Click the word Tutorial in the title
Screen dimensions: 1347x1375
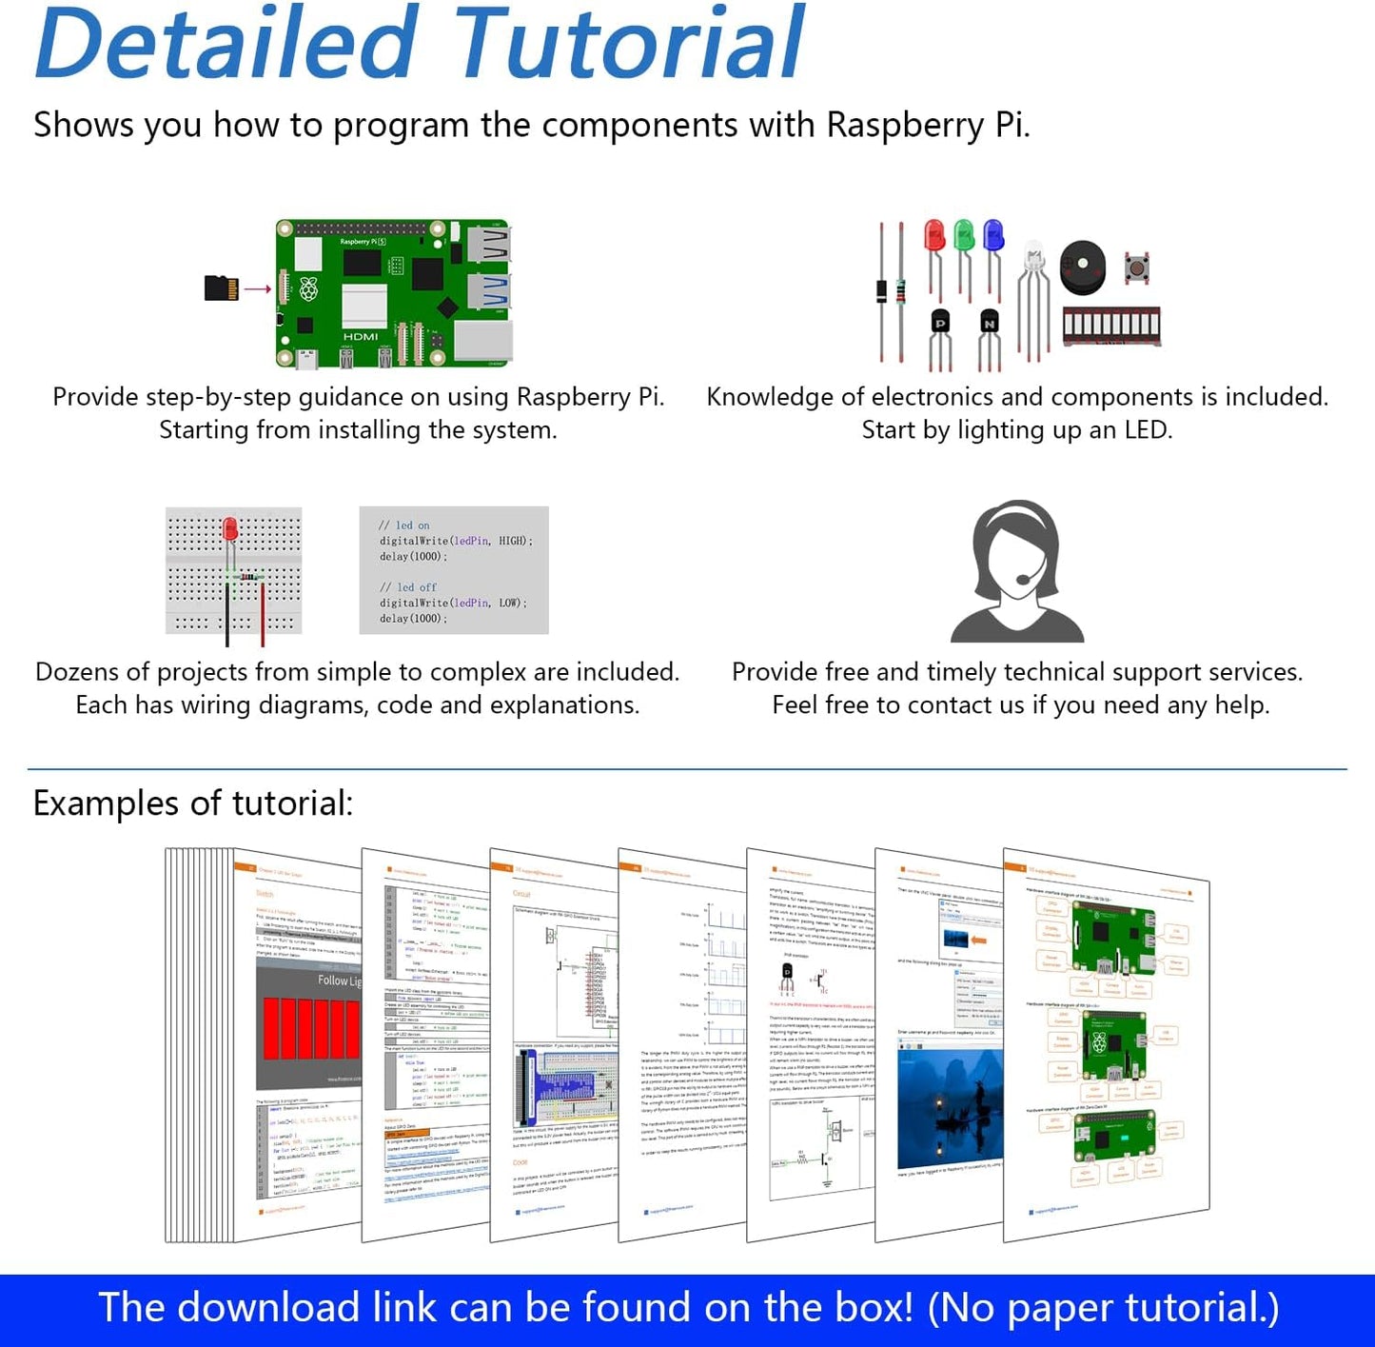coord(629,45)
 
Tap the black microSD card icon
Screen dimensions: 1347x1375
coord(221,287)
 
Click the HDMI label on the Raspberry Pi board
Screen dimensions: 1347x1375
coord(361,336)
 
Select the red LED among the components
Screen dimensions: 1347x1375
coord(934,235)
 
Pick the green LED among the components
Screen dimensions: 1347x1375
coord(964,235)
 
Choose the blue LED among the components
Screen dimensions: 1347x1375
coord(993,235)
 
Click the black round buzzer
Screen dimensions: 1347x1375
coord(1083,267)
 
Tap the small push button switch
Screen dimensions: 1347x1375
coord(1136,268)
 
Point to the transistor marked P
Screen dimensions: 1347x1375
coord(940,324)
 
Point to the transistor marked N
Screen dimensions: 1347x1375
coord(990,324)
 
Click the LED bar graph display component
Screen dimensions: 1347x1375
coord(1111,327)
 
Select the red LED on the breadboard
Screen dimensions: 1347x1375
coord(230,529)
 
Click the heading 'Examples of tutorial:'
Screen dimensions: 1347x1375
coord(193,803)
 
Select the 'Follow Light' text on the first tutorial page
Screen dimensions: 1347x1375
coord(339,981)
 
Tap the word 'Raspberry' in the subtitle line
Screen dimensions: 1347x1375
coord(905,126)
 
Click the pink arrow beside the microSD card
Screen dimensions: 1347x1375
coord(257,288)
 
